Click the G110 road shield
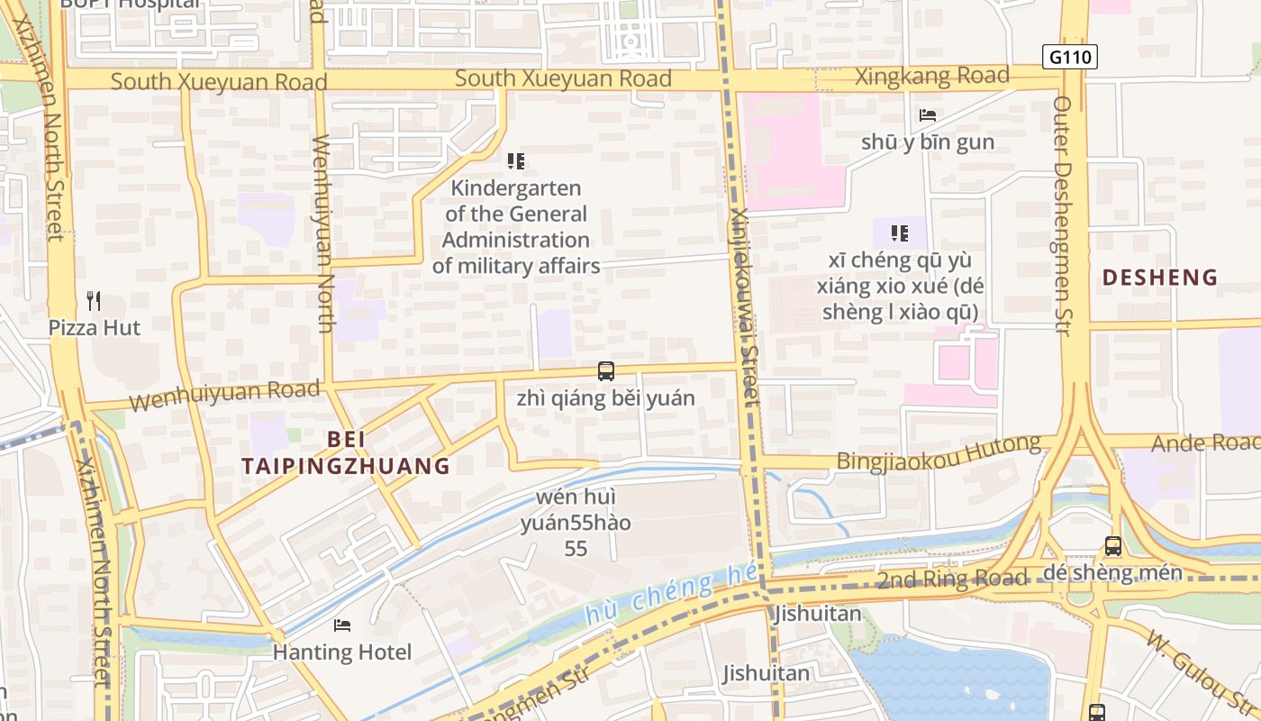point(1069,57)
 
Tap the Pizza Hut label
point(95,327)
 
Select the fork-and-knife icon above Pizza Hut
point(94,299)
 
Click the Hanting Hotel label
point(342,652)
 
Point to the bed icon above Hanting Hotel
point(342,625)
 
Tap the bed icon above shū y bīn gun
point(928,115)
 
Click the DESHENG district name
point(1159,278)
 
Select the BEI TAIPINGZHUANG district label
point(346,452)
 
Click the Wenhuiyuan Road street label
point(224,395)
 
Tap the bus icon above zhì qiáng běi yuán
point(606,370)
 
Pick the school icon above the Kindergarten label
point(515,161)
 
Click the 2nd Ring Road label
point(952,578)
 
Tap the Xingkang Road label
point(931,77)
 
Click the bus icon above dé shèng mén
point(1113,545)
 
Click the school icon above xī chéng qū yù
point(899,233)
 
